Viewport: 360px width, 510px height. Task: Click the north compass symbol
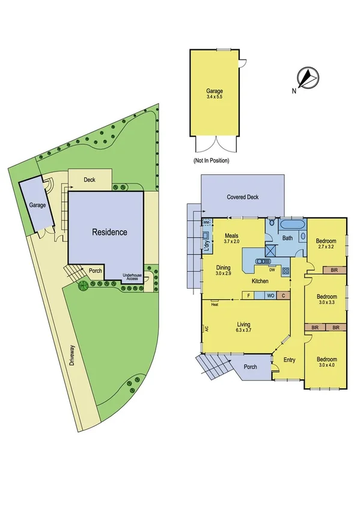coord(308,77)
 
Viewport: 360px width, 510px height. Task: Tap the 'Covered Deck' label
coord(243,197)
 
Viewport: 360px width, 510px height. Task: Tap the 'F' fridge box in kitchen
coord(249,295)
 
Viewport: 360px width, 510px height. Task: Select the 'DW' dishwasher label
coord(272,270)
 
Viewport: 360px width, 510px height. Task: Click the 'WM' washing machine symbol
coord(206,223)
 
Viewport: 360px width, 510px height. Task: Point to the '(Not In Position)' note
coord(211,161)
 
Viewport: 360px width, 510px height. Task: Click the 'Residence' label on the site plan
coord(109,232)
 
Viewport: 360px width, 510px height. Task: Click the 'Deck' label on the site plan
coord(90,179)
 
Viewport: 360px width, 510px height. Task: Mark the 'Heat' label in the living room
coord(214,304)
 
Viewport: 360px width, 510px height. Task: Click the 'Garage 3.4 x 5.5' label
coord(215,95)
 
